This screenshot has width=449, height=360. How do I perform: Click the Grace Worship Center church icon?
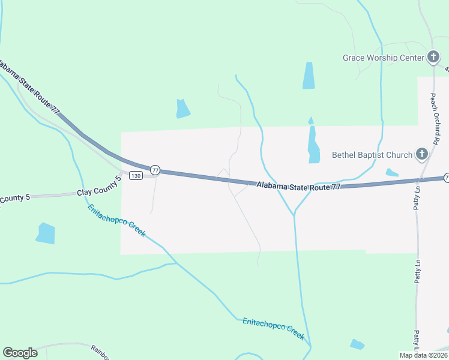pos(433,58)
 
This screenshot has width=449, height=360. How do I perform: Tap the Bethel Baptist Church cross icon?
pos(421,155)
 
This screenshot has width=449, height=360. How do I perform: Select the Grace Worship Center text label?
pos(383,58)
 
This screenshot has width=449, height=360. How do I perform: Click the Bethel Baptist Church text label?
pos(372,155)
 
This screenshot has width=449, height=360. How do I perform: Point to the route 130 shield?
pos(136,175)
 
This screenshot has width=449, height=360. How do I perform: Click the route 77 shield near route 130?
pos(155,170)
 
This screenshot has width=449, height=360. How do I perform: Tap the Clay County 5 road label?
pos(95,193)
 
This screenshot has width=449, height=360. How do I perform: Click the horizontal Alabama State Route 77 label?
pos(298,187)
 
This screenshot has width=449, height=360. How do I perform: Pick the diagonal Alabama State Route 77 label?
pos(30,88)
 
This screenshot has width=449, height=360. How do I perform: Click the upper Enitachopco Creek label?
pos(116,220)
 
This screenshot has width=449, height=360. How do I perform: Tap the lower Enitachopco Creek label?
pos(273,329)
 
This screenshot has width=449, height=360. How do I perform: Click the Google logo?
pos(20,353)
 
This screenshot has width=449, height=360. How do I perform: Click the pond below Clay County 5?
pos(46,233)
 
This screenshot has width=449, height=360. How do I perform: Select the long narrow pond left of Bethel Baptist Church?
pos(313,143)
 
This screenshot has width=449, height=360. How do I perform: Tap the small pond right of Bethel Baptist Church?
pos(391,173)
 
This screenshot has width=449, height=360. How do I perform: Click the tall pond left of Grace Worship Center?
pos(309,76)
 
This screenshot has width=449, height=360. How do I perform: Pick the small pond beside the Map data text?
pos(357,344)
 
